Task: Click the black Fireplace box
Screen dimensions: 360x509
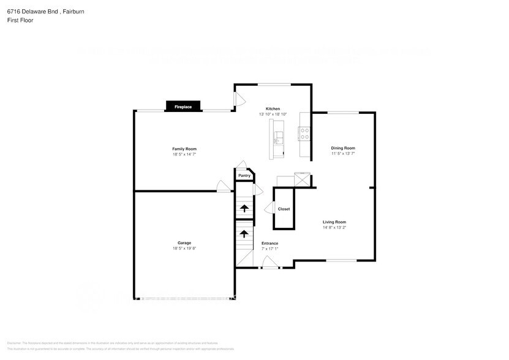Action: click(183, 107)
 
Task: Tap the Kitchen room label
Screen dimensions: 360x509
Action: click(273, 108)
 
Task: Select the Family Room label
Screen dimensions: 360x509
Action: click(184, 149)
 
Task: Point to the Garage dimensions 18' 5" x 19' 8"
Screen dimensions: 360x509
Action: click(184, 249)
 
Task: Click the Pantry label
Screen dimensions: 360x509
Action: click(244, 176)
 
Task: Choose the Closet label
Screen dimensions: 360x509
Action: click(284, 209)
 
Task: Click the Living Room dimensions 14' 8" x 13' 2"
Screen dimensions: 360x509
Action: click(335, 228)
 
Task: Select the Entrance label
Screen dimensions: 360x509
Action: click(270, 243)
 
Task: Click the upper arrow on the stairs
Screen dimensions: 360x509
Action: click(244, 209)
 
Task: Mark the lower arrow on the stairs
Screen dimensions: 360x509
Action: click(244, 234)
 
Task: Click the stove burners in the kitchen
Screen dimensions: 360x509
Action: click(303, 133)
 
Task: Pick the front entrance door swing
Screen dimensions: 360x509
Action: click(269, 263)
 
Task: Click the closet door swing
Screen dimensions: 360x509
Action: click(268, 209)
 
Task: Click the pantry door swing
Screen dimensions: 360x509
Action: click(243, 165)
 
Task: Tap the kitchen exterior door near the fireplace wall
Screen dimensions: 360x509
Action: click(239, 99)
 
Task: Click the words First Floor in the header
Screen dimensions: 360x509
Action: click(20, 20)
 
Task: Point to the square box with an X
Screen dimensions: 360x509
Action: click(303, 180)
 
